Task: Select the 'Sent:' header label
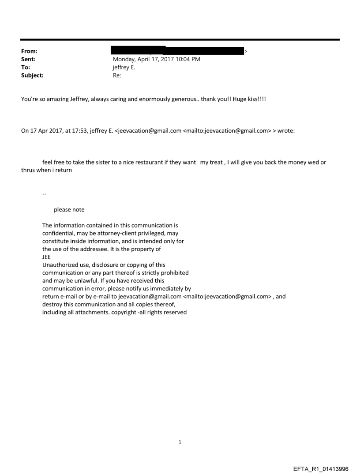click(28, 60)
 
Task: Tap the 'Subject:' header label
click(32, 75)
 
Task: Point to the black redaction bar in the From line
click(177, 51)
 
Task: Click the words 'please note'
click(69, 209)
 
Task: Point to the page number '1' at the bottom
click(180, 442)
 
